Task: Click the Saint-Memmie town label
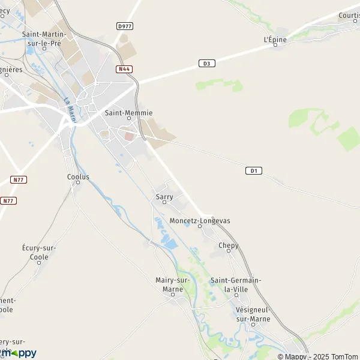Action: point(128,112)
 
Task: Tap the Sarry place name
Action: point(164,196)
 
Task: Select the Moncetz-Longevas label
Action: point(200,221)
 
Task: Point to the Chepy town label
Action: point(228,245)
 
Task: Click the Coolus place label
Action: point(78,177)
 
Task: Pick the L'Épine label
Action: point(275,40)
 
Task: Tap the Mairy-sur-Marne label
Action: point(173,284)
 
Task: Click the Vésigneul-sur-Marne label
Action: point(253,314)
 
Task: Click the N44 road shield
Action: point(124,69)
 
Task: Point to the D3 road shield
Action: point(206,63)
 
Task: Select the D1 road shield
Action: point(254,171)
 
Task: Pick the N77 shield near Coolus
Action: point(19,179)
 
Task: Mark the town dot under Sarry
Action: point(164,203)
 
